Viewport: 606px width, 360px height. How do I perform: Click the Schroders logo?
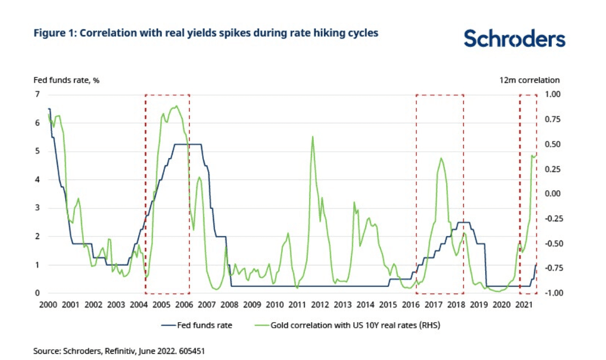click(514, 38)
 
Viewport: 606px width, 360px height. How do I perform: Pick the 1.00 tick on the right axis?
click(552, 94)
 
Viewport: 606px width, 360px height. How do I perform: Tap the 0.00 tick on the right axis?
click(552, 194)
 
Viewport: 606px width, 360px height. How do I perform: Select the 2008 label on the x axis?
click(229, 305)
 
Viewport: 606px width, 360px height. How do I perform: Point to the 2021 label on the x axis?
click(524, 305)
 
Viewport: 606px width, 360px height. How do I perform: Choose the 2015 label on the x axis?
click(388, 305)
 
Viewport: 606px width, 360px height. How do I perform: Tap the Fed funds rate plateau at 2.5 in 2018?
click(463, 222)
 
